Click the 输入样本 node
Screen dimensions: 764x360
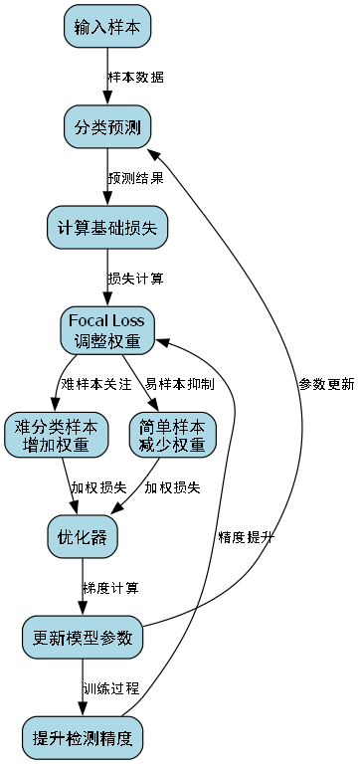[107, 27]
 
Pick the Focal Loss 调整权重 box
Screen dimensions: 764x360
[107, 330]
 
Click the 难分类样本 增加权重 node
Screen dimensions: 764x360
[56, 435]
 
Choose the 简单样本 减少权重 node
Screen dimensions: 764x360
[173, 435]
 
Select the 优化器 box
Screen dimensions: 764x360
[83, 537]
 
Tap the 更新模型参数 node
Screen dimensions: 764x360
[83, 638]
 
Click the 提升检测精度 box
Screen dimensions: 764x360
[83, 738]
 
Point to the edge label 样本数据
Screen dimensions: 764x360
[136, 77]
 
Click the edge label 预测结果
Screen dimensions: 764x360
[136, 178]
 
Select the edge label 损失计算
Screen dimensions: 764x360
[136, 279]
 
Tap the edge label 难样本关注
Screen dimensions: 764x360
[95, 384]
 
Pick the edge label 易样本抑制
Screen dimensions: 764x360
[179, 384]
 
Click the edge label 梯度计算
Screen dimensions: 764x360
[111, 588]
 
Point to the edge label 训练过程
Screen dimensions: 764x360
[111, 688]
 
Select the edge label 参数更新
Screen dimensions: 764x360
[325, 384]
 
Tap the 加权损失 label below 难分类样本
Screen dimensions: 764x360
[98, 487]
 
